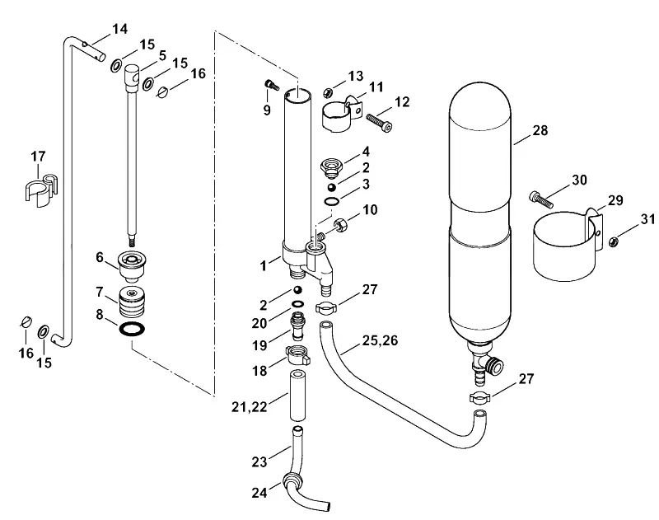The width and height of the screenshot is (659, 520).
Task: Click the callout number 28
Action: coord(540,130)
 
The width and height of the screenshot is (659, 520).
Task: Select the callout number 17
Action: coord(38,157)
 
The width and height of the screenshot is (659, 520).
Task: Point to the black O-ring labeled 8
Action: coord(133,329)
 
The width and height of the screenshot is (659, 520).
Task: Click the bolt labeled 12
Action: coord(379,122)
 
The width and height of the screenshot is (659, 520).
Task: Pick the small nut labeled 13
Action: coord(329,91)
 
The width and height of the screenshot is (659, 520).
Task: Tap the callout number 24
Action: coord(259,493)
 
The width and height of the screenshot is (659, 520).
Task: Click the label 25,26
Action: coord(380,340)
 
